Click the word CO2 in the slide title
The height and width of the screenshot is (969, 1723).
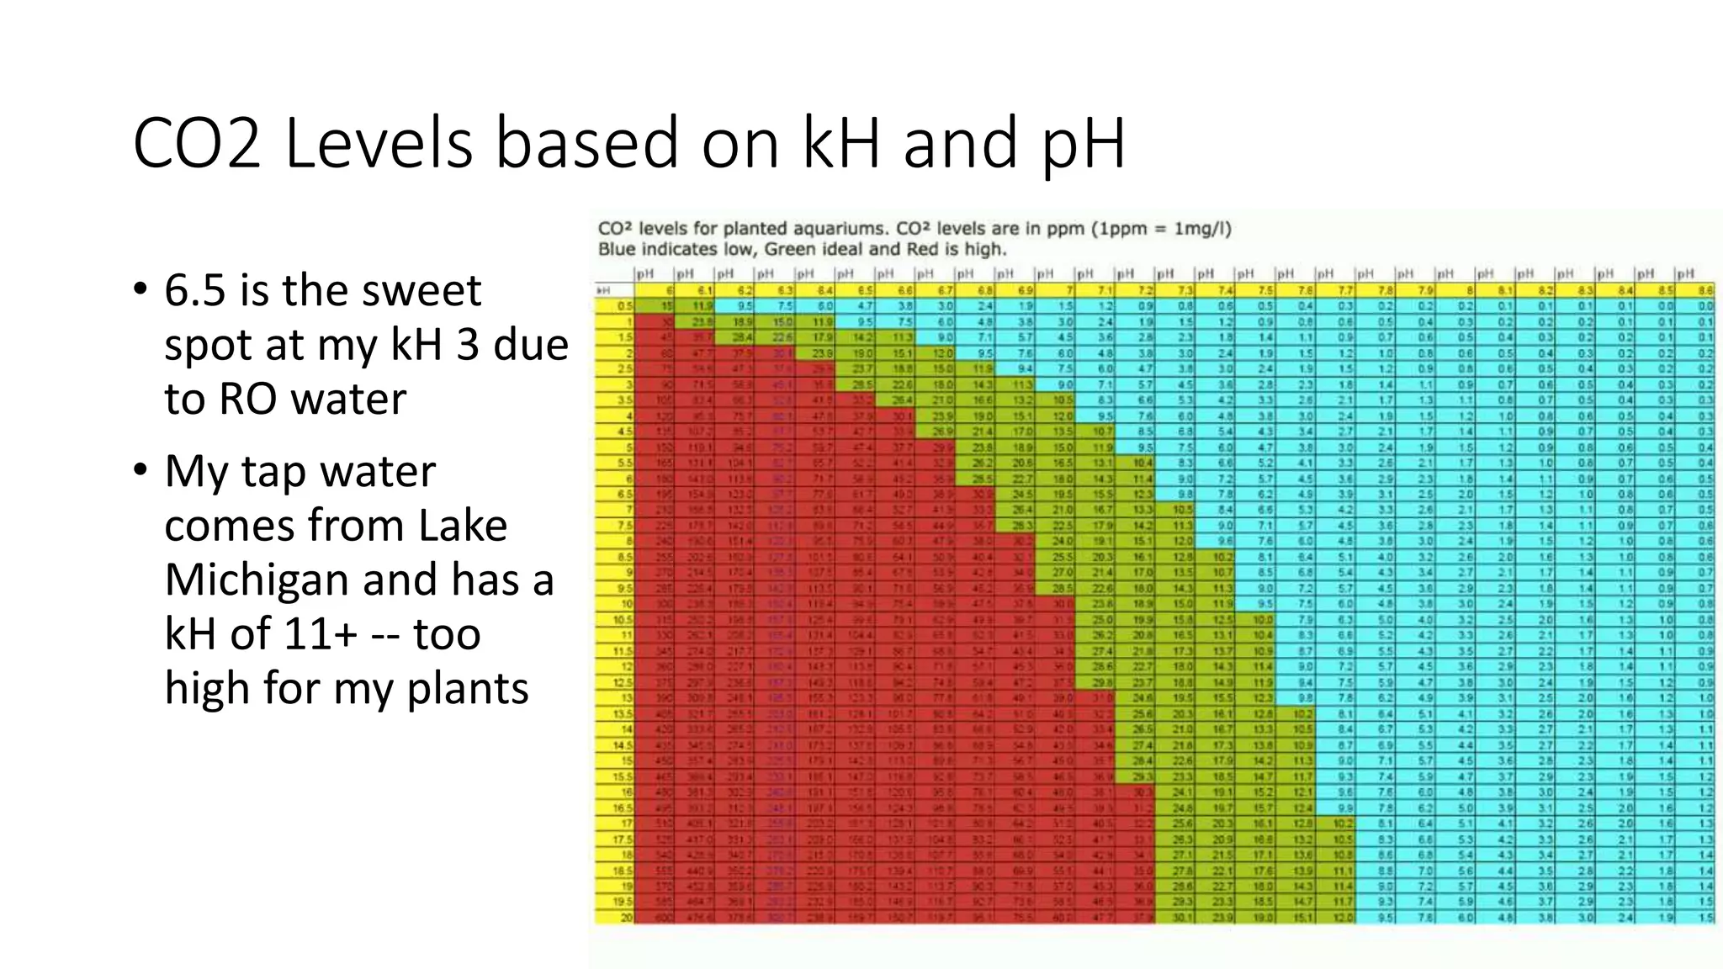pyautogui.click(x=197, y=144)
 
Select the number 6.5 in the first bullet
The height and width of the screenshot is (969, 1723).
pyautogui.click(x=195, y=291)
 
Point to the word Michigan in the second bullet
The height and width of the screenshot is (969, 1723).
pyautogui.click(x=257, y=580)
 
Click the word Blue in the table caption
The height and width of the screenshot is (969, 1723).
pyautogui.click(x=618, y=250)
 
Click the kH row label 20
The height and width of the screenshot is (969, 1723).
pyautogui.click(x=624, y=917)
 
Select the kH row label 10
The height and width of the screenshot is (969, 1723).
pyautogui.click(x=624, y=604)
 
